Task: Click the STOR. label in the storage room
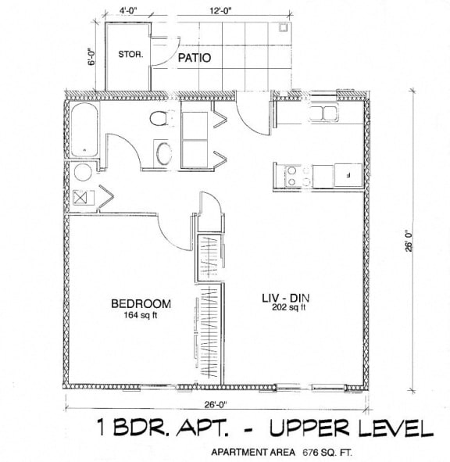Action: point(127,55)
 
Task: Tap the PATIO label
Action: point(193,59)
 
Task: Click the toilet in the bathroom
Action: point(162,121)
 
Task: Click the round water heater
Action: point(82,173)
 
